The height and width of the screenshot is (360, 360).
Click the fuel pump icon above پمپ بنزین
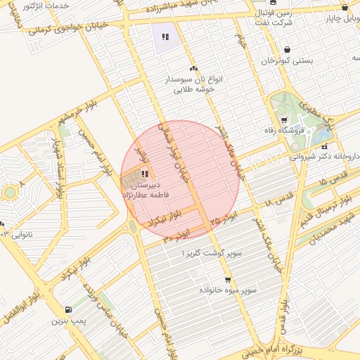tap(67, 309)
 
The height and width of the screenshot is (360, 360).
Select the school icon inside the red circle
tap(144, 173)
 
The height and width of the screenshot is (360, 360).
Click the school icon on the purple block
tap(165, 37)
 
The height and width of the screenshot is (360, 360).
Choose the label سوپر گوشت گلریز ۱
tap(212, 252)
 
